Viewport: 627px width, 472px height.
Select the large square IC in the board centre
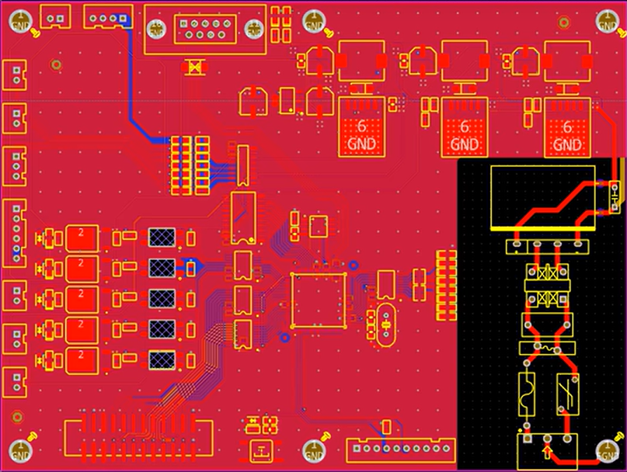[318, 300]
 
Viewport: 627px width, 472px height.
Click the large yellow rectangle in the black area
[543, 197]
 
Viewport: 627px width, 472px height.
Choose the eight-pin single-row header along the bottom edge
[401, 448]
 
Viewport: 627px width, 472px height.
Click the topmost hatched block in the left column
[162, 238]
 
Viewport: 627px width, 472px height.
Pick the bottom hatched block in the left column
[162, 359]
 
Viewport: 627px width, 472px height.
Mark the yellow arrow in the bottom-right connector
[548, 450]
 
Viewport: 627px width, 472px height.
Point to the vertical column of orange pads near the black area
[447, 284]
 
